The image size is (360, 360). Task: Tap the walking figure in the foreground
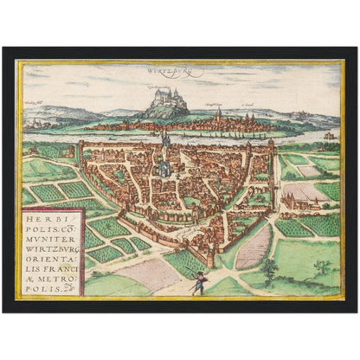pos(199,282)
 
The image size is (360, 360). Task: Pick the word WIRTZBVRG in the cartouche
pos(51,245)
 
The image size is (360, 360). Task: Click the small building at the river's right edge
pos(328,136)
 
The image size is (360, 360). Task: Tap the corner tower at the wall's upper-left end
pos(80,150)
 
